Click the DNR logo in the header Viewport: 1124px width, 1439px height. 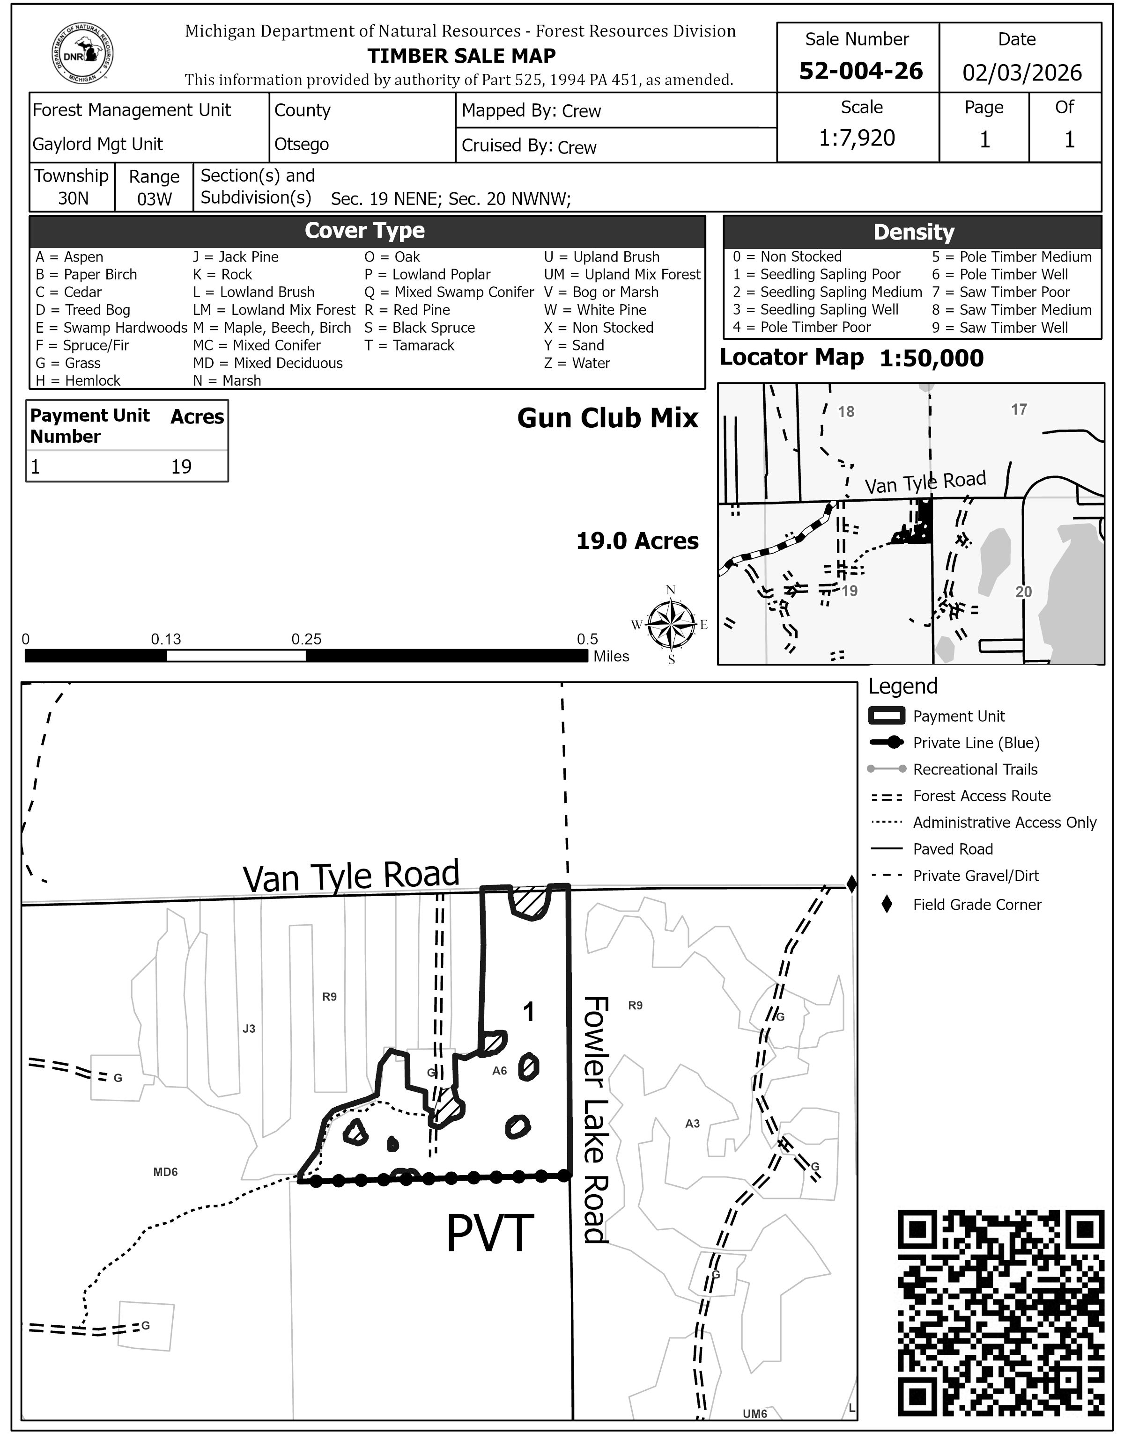82,55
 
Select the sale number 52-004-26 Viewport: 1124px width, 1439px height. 860,71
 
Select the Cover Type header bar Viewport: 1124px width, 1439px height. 367,231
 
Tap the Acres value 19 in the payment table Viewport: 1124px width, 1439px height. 181,467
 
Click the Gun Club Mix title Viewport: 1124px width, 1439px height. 607,418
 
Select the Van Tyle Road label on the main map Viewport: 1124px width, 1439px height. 351,877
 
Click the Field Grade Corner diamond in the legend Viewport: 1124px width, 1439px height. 887,905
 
